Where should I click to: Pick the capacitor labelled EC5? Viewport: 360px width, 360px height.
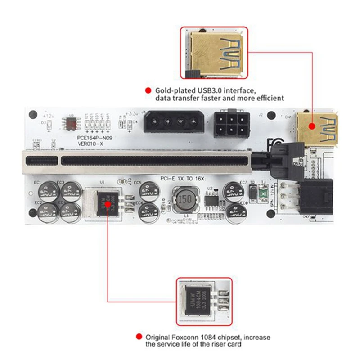[148, 191]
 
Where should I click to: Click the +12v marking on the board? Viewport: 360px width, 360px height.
[47, 115]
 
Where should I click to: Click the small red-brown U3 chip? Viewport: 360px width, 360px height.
[71, 123]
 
